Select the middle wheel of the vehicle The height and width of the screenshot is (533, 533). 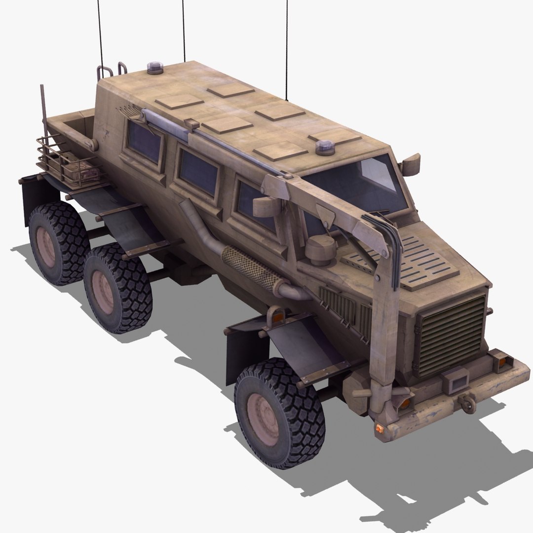coord(117,289)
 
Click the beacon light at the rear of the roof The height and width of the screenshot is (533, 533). coord(155,68)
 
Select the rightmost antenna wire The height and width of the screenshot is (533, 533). coord(286,44)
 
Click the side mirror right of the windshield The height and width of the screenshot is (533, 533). coord(411,164)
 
